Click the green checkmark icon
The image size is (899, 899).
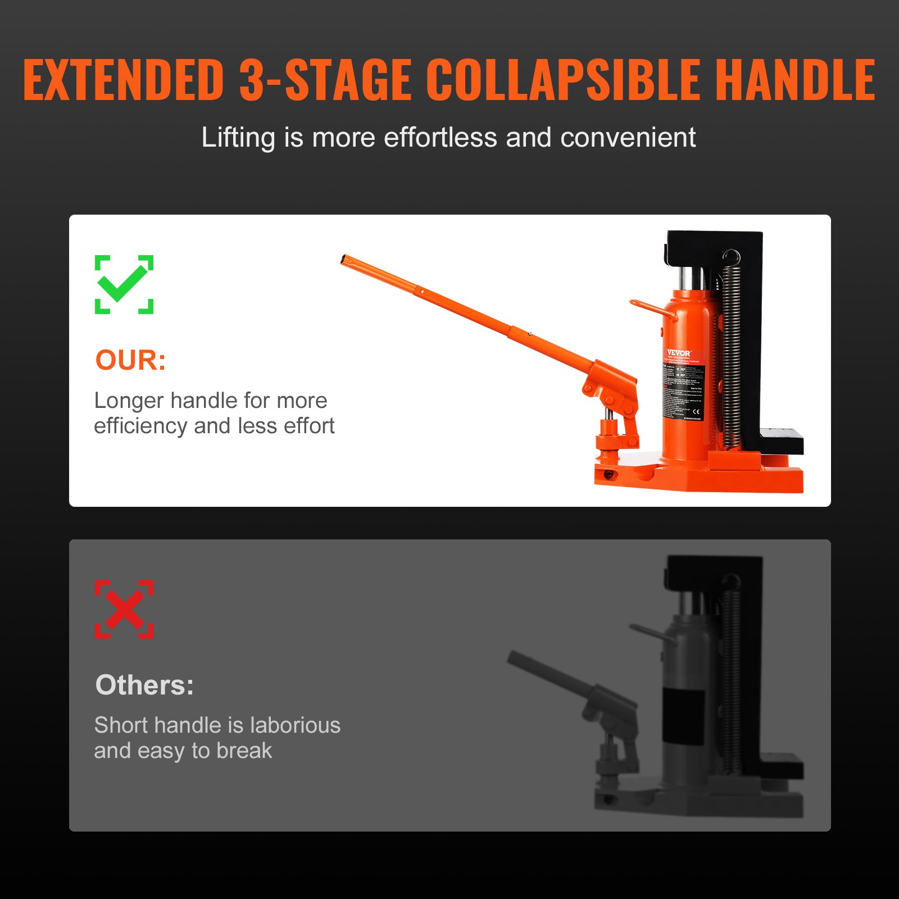124,284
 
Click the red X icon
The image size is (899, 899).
124,609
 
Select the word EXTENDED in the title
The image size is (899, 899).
124,80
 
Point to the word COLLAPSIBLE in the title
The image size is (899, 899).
562,80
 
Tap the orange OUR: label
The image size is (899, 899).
130,360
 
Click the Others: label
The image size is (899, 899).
144,685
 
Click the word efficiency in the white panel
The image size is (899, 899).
140,426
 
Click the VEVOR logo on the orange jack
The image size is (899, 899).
679,353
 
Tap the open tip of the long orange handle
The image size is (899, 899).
344,259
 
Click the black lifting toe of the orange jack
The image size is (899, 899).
781,441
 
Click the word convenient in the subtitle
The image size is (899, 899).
628,138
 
